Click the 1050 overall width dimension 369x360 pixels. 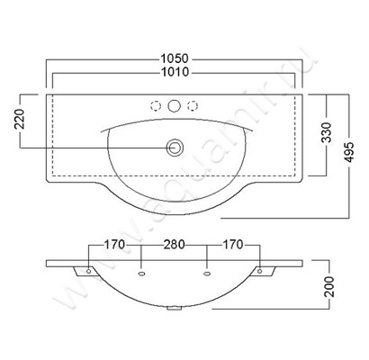[175, 58]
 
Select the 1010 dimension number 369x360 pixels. [175, 72]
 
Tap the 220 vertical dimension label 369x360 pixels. [20, 119]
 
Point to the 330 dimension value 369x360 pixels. [327, 132]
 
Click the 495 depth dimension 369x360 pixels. [349, 152]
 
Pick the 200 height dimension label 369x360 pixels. [329, 286]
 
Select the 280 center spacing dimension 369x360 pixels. [174, 245]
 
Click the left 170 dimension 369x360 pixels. [114, 245]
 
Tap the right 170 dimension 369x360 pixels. [233, 245]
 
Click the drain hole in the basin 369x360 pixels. [175, 148]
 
